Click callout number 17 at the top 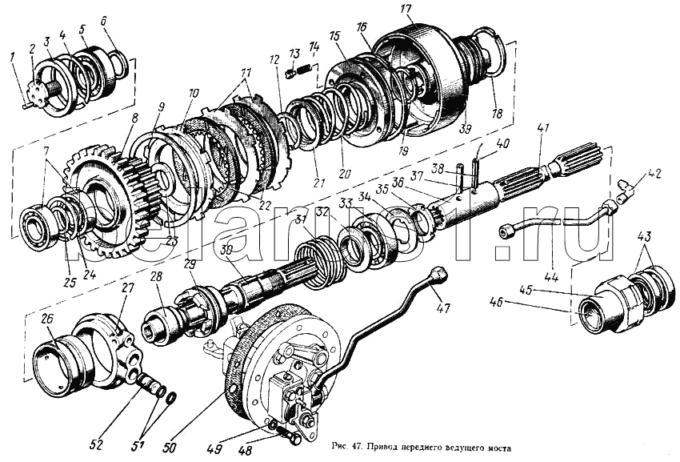[x=406, y=10]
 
